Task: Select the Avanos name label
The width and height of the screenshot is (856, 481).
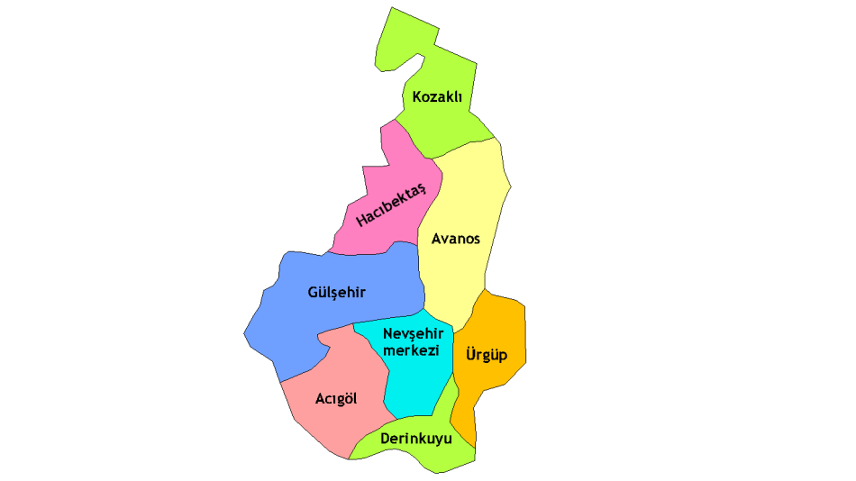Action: [x=456, y=240]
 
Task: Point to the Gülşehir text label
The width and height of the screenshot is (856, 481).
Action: [x=337, y=292]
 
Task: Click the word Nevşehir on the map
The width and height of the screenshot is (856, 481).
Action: [x=414, y=333]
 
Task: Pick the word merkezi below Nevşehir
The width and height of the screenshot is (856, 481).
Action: [x=411, y=349]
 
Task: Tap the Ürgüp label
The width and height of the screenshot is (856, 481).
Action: [x=487, y=354]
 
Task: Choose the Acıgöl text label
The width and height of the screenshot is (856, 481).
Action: [x=336, y=398]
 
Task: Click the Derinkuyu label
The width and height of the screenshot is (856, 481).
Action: [x=416, y=439]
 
